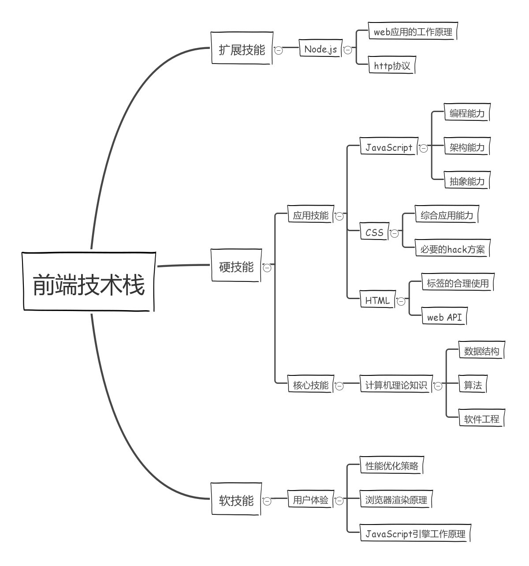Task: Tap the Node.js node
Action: pyautogui.click(x=320, y=49)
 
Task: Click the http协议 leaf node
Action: pyautogui.click(x=392, y=66)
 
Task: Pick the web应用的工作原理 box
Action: pyautogui.click(x=413, y=32)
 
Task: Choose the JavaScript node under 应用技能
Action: pyautogui.click(x=389, y=147)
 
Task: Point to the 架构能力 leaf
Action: pyautogui.click(x=467, y=147)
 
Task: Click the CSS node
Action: pyautogui.click(x=374, y=232)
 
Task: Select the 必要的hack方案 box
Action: pyautogui.click(x=452, y=249)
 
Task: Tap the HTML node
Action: pyautogui.click(x=377, y=300)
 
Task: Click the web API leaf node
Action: pyautogui.click(x=444, y=317)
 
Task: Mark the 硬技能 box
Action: pyautogui.click(x=236, y=266)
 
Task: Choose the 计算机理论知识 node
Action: pyautogui.click(x=396, y=385)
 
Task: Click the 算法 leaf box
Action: pyautogui.click(x=473, y=385)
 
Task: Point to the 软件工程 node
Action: pyautogui.click(x=481, y=419)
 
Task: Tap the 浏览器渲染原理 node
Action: pyautogui.click(x=396, y=499)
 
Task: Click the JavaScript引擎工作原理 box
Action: pyautogui.click(x=415, y=534)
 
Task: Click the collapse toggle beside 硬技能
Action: pyautogui.click(x=267, y=267)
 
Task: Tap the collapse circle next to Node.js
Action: pyautogui.click(x=348, y=50)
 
